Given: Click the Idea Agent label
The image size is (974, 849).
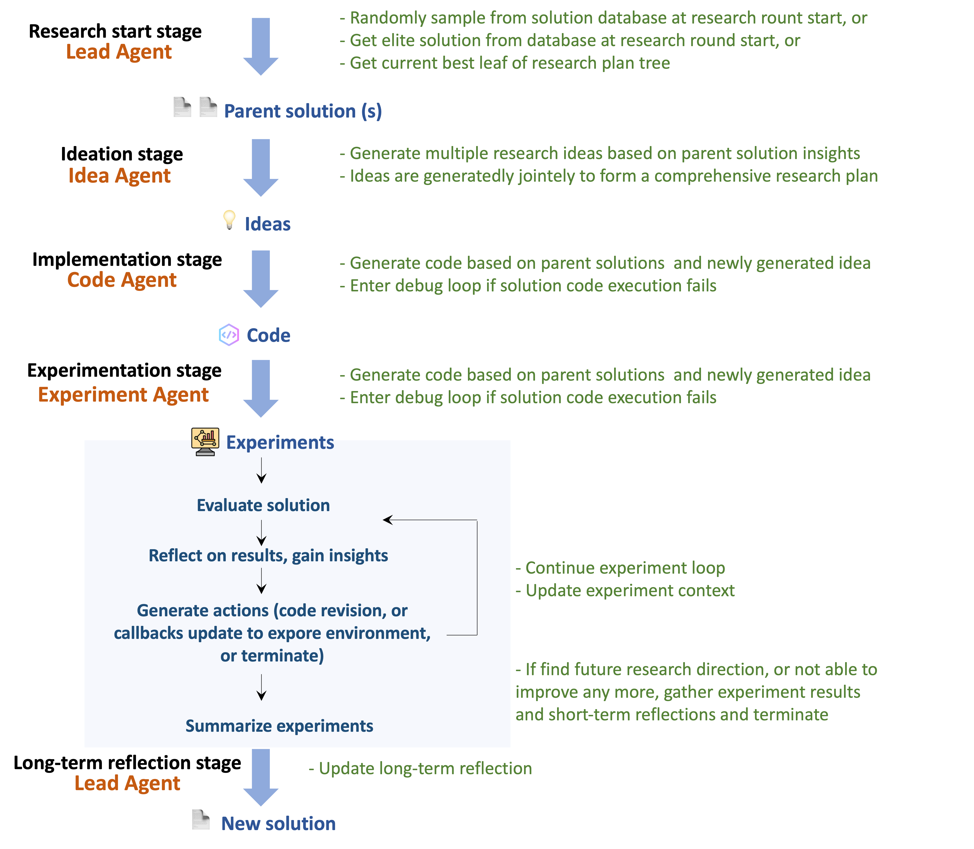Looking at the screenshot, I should click(x=119, y=176).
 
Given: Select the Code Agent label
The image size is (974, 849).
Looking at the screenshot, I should click(x=122, y=280).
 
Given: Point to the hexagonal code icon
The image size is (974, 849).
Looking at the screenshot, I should click(x=229, y=335).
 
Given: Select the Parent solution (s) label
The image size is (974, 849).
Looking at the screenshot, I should click(x=303, y=111).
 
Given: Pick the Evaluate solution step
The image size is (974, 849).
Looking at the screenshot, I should click(x=263, y=506).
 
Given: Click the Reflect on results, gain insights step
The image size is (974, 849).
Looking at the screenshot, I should click(x=268, y=556).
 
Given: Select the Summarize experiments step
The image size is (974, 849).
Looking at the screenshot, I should click(x=279, y=726).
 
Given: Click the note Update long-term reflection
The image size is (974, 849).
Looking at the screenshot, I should click(x=421, y=768).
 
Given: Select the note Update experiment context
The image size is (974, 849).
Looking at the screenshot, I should click(x=625, y=591).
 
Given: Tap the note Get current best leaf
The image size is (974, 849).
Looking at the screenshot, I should click(x=505, y=63).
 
